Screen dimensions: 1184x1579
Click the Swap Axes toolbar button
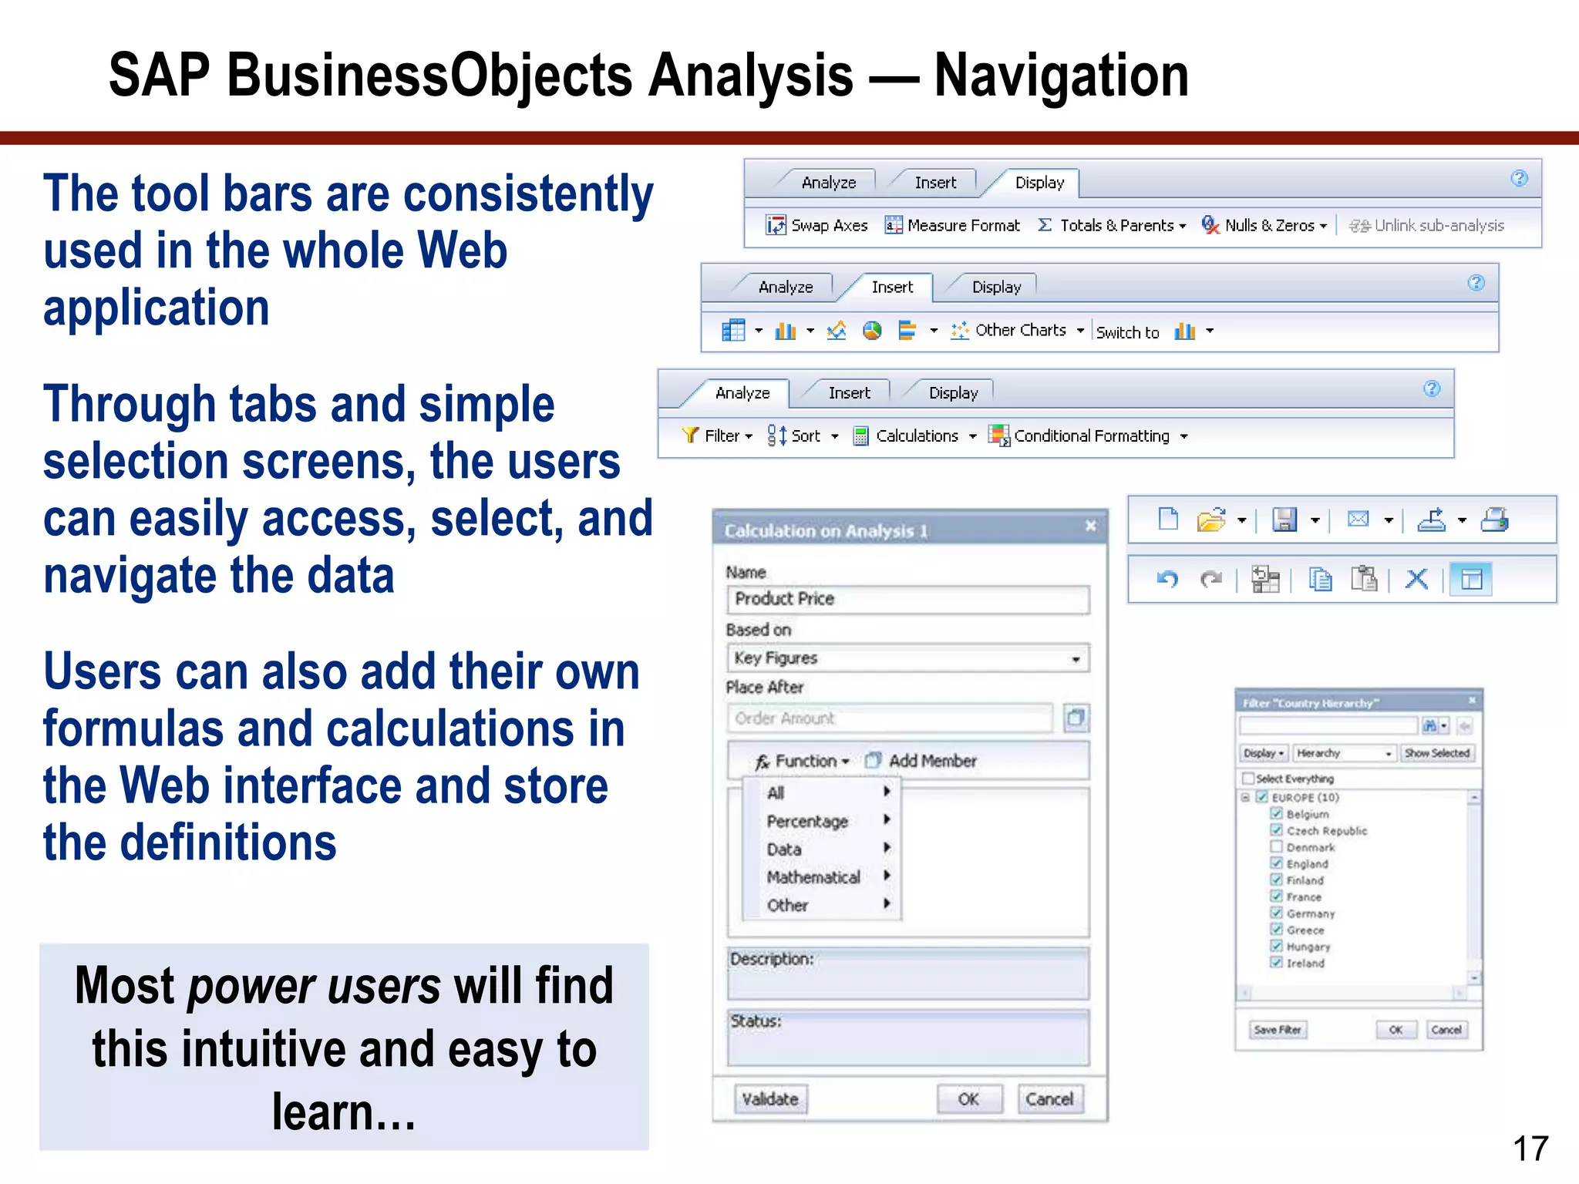coord(817,225)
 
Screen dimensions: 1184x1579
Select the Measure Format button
coord(953,225)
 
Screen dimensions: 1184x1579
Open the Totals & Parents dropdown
coord(1113,225)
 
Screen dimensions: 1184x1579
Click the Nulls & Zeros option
coord(1264,225)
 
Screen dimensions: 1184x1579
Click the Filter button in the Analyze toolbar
coord(717,436)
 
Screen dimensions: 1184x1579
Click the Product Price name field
coord(907,599)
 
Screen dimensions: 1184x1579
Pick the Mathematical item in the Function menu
coord(813,877)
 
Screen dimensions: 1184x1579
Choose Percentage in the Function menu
coord(807,822)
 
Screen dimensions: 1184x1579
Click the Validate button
coord(770,1099)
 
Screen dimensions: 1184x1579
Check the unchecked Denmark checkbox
coord(1277,846)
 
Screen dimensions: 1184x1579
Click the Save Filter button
coord(1278,1030)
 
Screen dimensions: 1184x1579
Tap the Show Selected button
coord(1437,753)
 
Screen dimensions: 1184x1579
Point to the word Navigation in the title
coord(1061,76)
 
